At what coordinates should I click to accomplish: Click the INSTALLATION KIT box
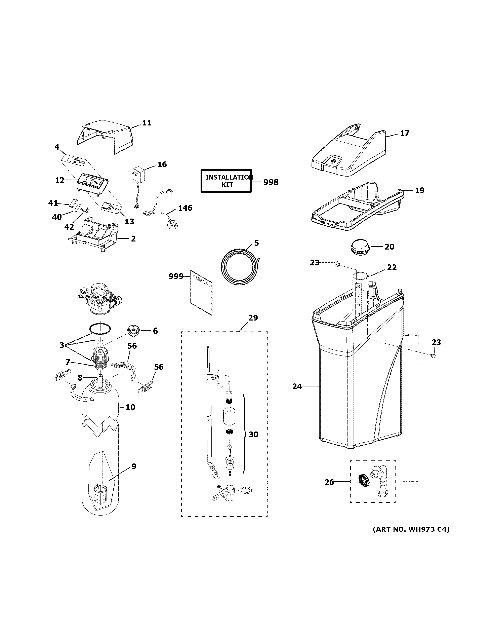coord(226,181)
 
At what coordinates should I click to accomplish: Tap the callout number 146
coord(185,208)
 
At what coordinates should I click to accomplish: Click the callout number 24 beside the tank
coord(297,387)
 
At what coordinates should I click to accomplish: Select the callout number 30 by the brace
coord(253,443)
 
